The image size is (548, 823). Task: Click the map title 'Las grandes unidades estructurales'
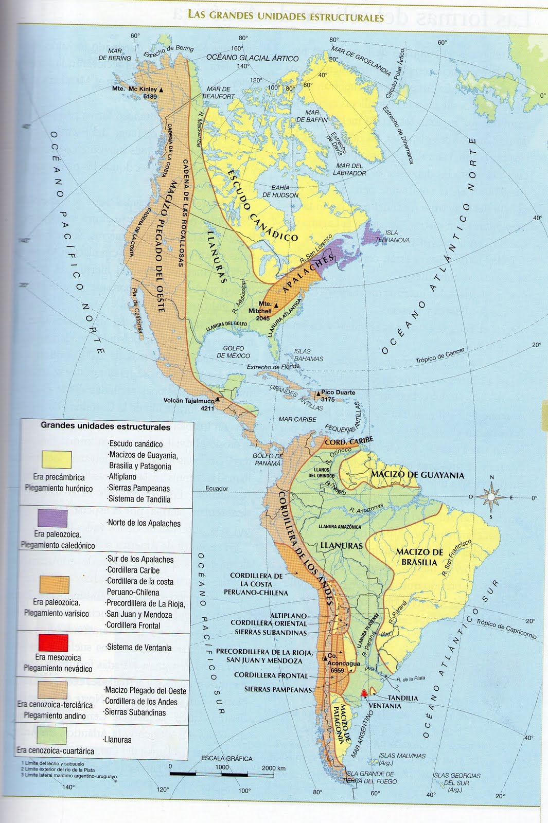[286, 16]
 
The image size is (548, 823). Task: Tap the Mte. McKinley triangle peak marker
[162, 90]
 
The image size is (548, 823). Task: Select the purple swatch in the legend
[52, 518]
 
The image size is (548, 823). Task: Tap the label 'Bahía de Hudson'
[280, 191]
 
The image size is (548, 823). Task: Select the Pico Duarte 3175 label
[338, 396]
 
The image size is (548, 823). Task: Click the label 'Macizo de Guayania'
[417, 475]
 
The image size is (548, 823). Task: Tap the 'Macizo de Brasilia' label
[419, 557]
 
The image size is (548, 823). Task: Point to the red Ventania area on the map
[364, 693]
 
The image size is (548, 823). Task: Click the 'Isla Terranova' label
[392, 237]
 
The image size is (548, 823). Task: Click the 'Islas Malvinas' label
[402, 759]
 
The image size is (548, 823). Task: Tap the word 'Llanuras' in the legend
[117, 740]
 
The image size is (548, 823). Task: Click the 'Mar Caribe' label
[297, 419]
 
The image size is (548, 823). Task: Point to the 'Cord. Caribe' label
[348, 442]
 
